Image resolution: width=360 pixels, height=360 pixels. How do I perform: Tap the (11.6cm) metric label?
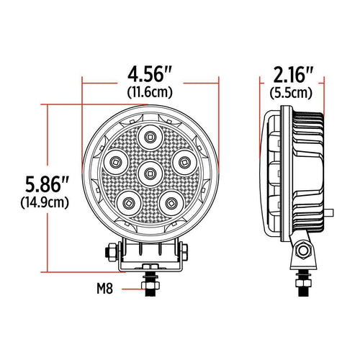tap(150, 92)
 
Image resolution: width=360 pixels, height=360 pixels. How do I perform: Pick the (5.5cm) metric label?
tap(291, 92)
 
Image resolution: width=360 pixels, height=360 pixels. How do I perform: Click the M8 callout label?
tap(105, 290)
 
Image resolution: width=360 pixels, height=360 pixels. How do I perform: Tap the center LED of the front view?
tap(150, 171)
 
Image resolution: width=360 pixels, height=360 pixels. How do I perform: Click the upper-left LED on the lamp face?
tap(117, 160)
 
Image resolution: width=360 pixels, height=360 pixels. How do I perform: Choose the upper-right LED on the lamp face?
tap(184, 160)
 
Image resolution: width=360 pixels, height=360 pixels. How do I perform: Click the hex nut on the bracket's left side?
tap(112, 253)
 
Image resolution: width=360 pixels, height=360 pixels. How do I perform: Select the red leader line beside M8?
tap(130, 290)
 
